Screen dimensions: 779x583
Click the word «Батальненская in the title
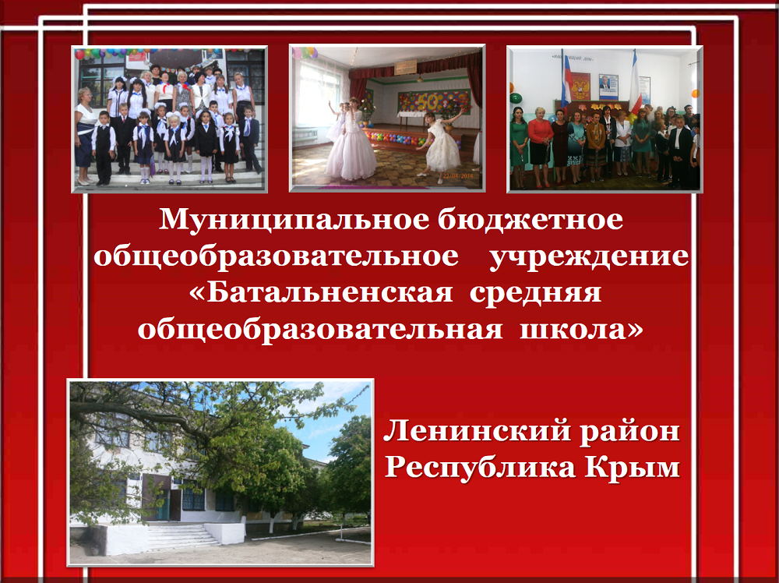click(x=321, y=293)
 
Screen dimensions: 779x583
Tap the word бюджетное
click(x=530, y=220)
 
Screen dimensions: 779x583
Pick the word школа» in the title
click(x=581, y=330)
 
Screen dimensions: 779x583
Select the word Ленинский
click(x=476, y=430)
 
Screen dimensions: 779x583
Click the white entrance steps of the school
click(x=180, y=535)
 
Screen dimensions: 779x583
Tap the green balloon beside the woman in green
click(x=515, y=98)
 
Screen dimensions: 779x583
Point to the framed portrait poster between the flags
click(x=608, y=87)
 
